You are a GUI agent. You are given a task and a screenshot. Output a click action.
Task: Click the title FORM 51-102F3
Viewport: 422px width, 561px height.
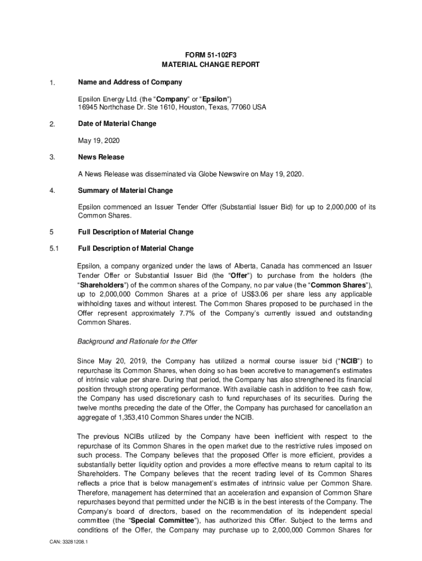pos(210,54)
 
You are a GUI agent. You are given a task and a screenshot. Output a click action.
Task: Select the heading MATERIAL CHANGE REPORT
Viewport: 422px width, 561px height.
pos(210,65)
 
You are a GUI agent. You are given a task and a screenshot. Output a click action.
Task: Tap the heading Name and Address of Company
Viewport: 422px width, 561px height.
pos(130,82)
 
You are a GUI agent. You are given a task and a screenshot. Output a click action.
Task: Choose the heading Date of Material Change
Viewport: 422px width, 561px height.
pos(117,124)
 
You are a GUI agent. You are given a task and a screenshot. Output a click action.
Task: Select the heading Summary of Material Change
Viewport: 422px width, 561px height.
pos(125,191)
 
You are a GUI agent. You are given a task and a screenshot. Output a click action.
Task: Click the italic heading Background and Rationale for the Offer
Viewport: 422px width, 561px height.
pos(137,342)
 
